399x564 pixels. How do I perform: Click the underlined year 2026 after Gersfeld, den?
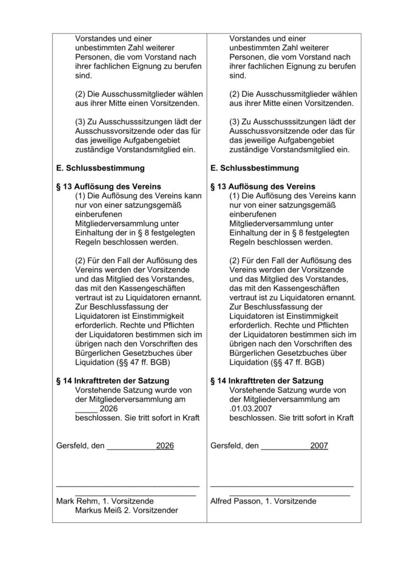tap(165, 446)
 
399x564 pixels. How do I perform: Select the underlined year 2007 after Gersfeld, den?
tap(319, 446)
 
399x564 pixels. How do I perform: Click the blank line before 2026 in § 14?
tap(85, 409)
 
